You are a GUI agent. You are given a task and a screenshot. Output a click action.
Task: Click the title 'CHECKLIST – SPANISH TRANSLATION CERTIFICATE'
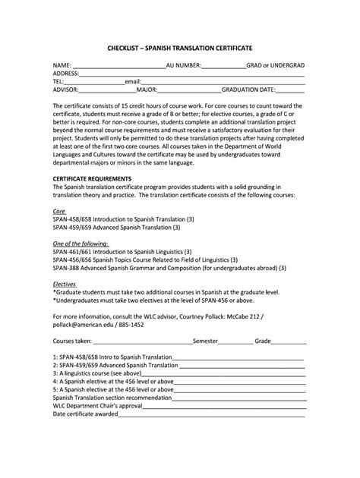tap(179, 48)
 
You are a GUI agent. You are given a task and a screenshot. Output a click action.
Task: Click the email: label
tap(133, 81)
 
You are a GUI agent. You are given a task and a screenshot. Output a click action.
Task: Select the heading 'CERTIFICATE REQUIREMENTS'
tap(93, 178)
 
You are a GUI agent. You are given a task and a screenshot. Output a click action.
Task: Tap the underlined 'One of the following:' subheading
tap(82, 243)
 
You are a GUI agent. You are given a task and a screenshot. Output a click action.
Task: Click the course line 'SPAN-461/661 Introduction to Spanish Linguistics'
tap(122, 250)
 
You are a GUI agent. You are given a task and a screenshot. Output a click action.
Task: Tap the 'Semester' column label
tap(207, 341)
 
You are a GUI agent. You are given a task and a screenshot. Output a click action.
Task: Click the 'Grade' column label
tap(264, 341)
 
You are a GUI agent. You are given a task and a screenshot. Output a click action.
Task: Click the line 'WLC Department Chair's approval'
tap(98, 405)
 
